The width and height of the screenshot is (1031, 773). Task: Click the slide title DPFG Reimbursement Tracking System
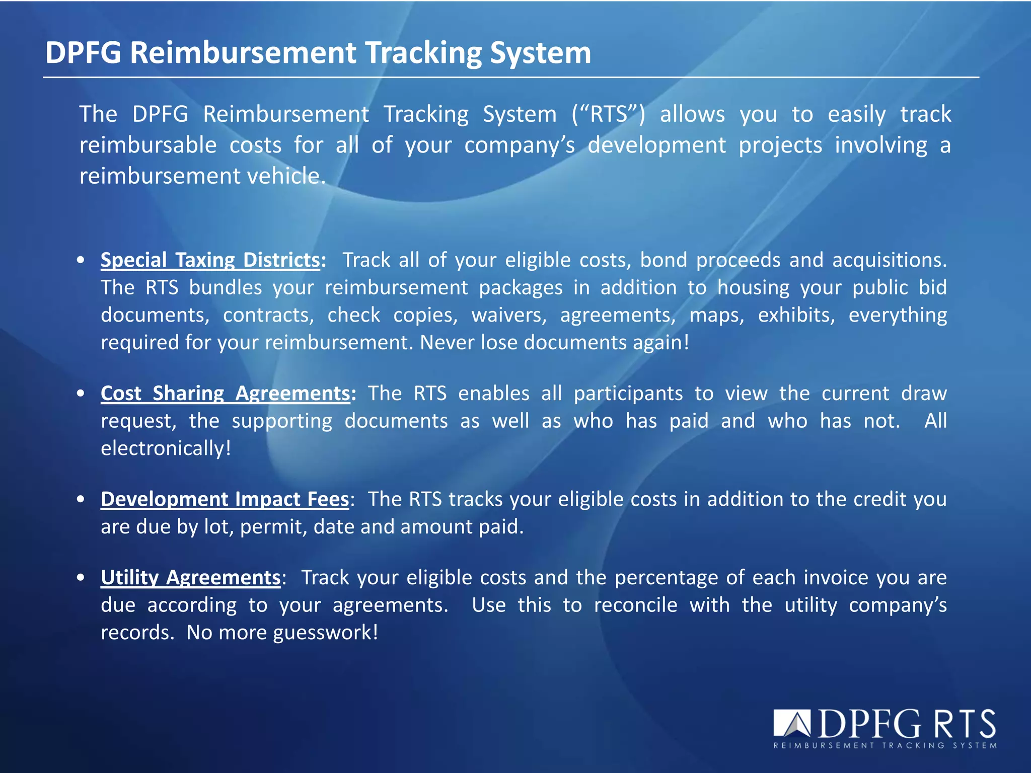click(x=318, y=52)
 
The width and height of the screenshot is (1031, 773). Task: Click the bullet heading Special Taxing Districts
click(x=210, y=260)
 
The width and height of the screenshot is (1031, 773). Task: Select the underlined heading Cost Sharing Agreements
click(x=225, y=394)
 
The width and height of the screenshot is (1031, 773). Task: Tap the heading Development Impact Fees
click(x=225, y=499)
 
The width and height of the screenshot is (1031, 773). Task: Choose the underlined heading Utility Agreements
click(x=190, y=578)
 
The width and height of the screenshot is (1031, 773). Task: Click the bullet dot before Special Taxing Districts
click(x=81, y=261)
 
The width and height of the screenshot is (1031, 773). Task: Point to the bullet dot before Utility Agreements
click(x=81, y=578)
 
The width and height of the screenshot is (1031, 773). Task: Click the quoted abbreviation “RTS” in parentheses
click(x=608, y=114)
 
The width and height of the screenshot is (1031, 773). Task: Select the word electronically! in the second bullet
click(x=166, y=448)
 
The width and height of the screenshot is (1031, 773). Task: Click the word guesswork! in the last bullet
click(x=325, y=633)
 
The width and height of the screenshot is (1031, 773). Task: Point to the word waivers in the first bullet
click(x=508, y=316)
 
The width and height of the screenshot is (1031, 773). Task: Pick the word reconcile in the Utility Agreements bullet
click(x=635, y=605)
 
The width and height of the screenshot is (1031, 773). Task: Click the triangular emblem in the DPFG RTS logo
click(x=792, y=724)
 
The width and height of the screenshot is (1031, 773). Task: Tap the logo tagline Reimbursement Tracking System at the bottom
click(x=885, y=745)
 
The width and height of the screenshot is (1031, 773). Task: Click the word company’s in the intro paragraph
click(x=519, y=145)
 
